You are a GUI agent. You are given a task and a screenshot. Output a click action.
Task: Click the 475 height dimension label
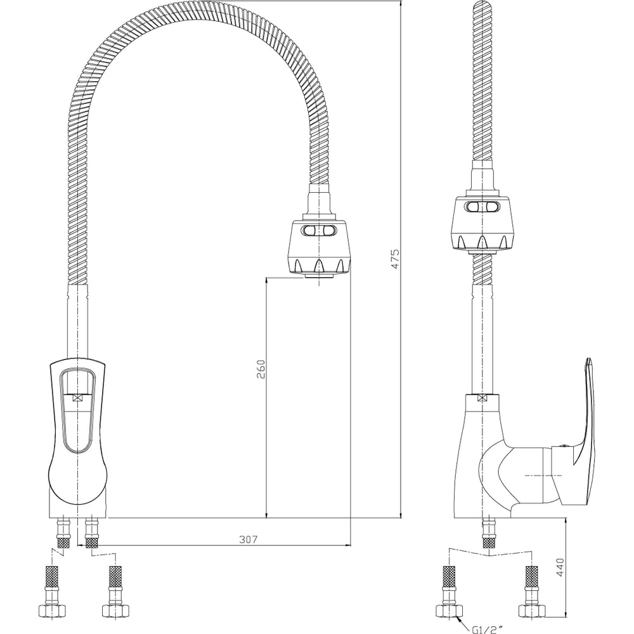click(x=395, y=259)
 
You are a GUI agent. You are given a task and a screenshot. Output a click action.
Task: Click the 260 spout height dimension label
click(x=261, y=369)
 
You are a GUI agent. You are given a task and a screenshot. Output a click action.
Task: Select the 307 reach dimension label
click(x=249, y=539)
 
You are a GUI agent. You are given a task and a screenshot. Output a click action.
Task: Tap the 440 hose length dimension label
click(x=560, y=567)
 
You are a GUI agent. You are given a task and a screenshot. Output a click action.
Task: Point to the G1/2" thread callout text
click(x=488, y=629)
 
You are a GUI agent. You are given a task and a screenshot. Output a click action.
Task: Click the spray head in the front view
click(x=319, y=247)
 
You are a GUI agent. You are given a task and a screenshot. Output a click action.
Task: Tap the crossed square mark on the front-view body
click(x=77, y=398)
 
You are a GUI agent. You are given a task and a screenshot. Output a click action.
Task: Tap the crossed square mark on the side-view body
click(x=482, y=398)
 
